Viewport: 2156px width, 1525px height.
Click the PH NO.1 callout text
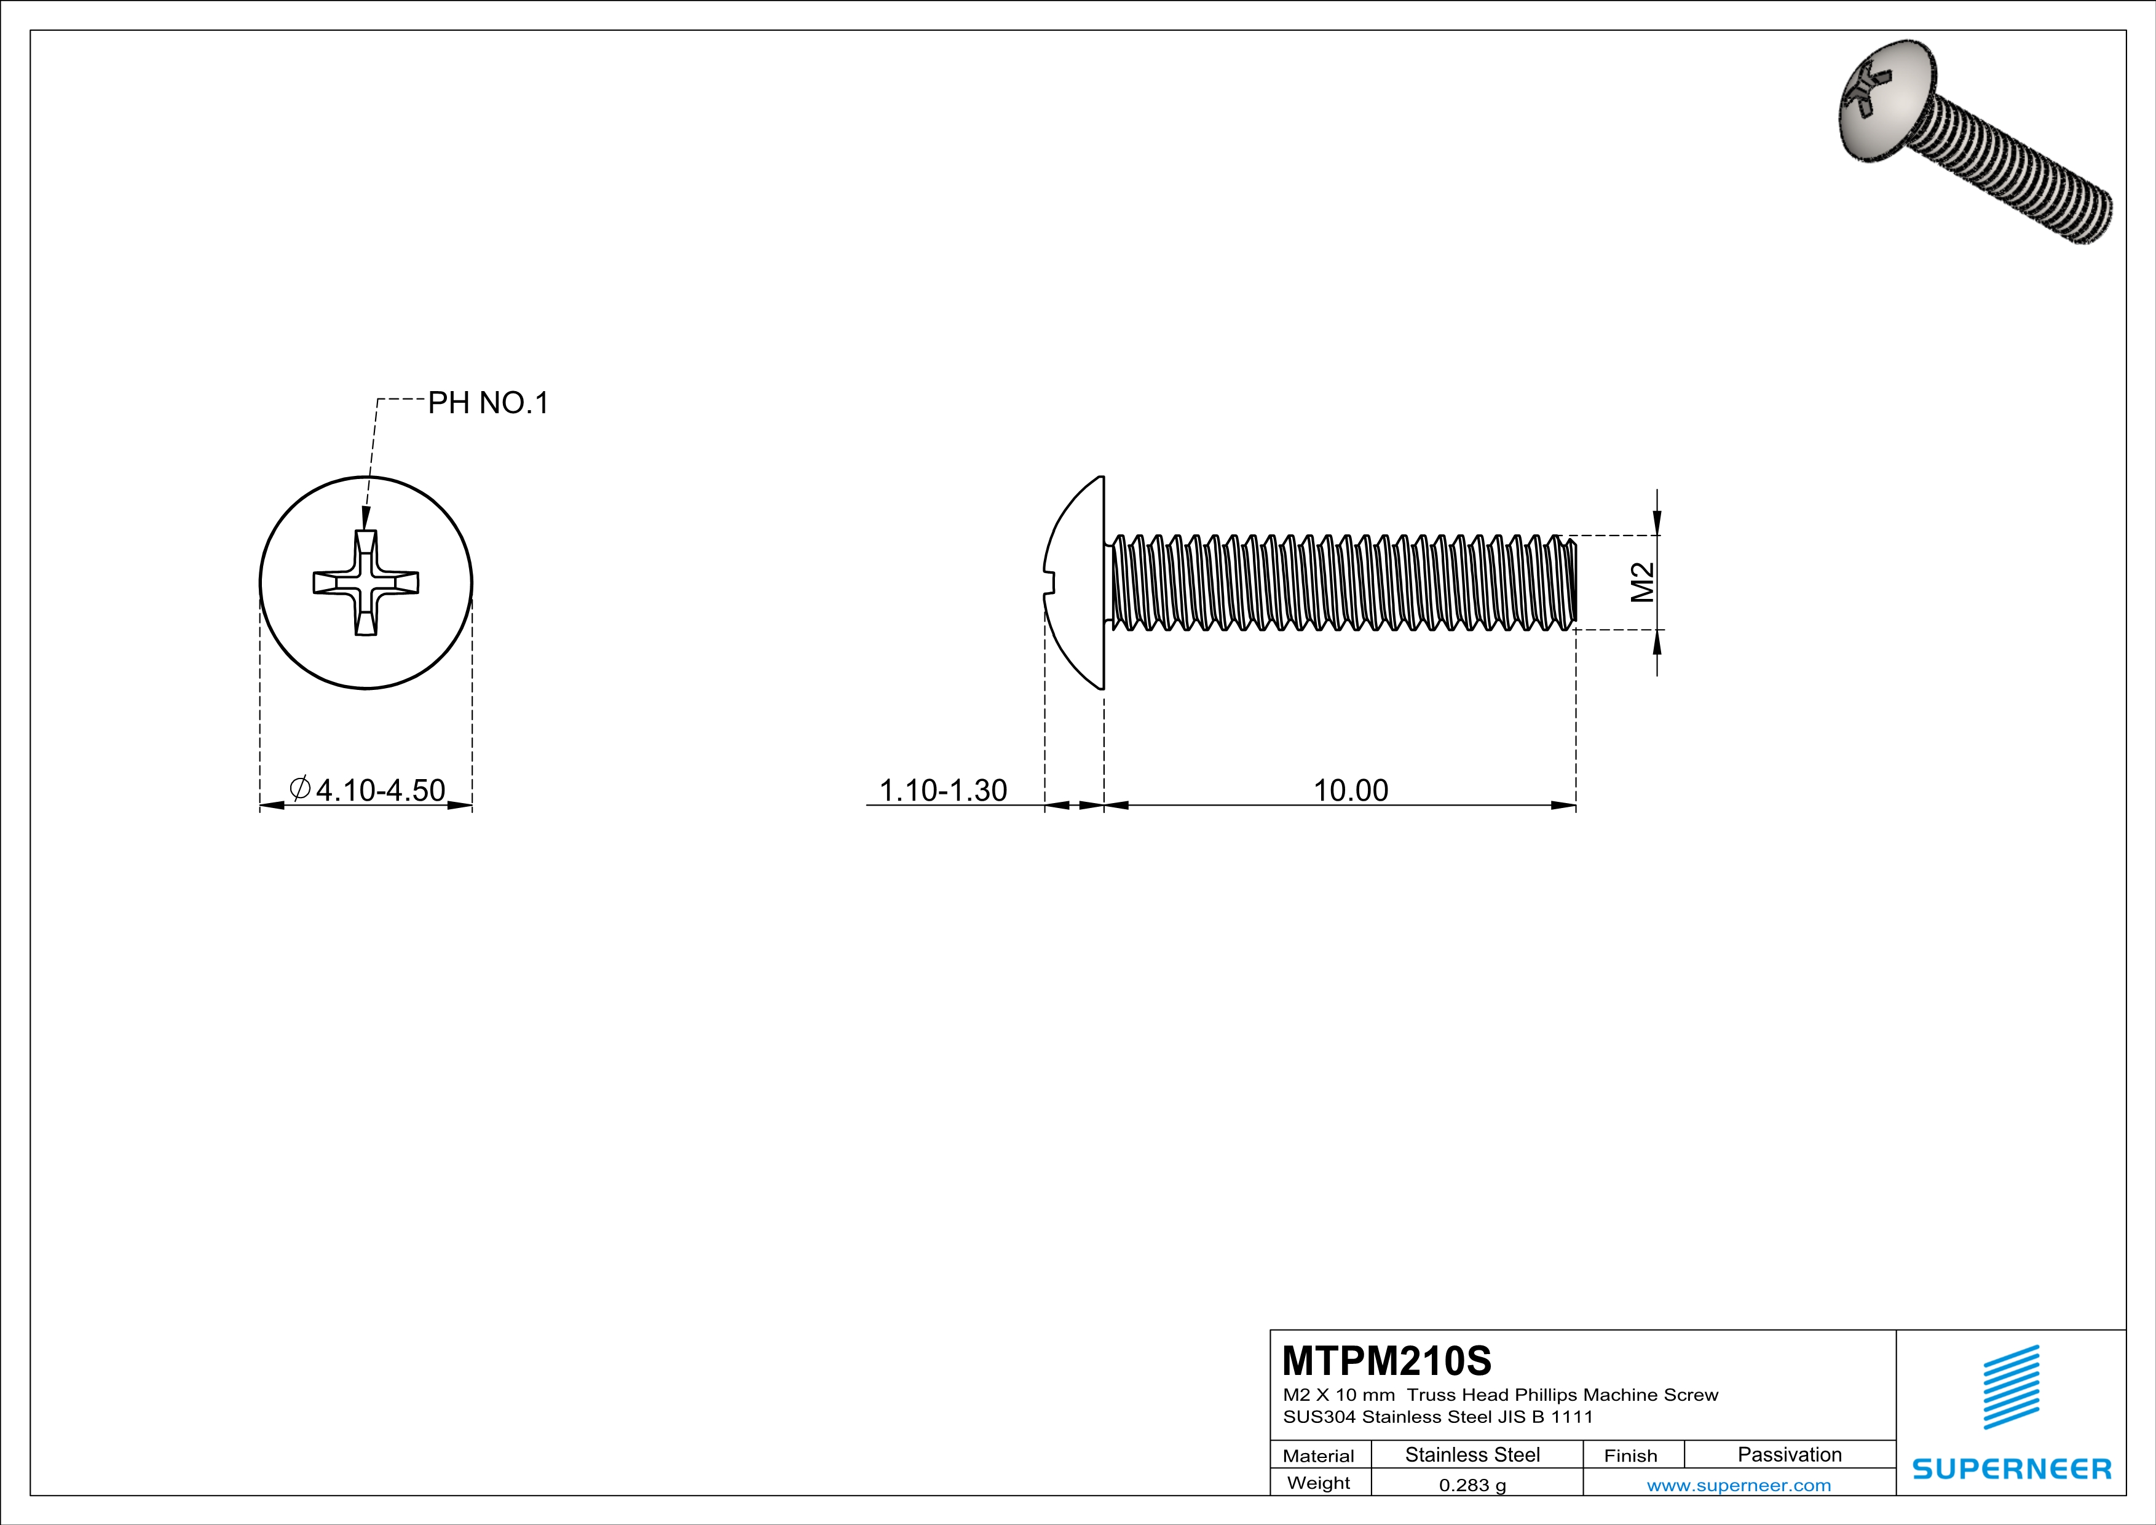(x=488, y=403)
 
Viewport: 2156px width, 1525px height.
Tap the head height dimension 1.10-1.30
(x=943, y=790)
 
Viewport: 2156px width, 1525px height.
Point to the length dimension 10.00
(x=1349, y=790)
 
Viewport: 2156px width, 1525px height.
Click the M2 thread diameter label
(x=1641, y=582)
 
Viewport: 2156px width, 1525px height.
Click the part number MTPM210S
(x=1386, y=1360)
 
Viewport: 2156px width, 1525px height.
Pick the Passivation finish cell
(x=1789, y=1454)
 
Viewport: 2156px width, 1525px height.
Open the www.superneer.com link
(x=1738, y=1484)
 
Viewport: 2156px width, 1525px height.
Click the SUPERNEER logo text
(x=2012, y=1468)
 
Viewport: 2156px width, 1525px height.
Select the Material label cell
(x=1319, y=1456)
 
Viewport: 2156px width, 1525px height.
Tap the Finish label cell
(x=1630, y=1456)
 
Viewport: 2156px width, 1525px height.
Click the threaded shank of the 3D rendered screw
(x=2019, y=174)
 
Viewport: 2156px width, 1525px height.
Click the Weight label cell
(x=1319, y=1483)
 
